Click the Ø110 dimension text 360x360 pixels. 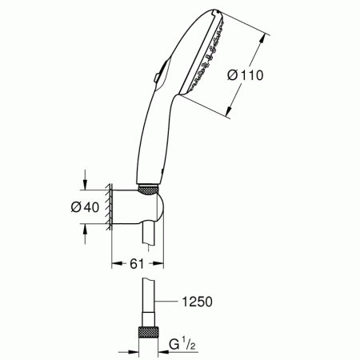[x=246, y=75]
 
